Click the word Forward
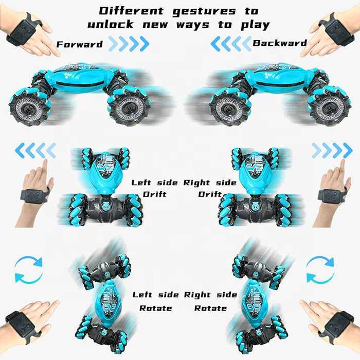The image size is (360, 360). (x=79, y=44)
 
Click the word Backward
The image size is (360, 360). (x=280, y=43)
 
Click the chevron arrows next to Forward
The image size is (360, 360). (x=129, y=44)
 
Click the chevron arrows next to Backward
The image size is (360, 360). (x=231, y=43)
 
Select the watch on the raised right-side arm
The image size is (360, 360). (x=329, y=196)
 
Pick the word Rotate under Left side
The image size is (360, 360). (x=155, y=308)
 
